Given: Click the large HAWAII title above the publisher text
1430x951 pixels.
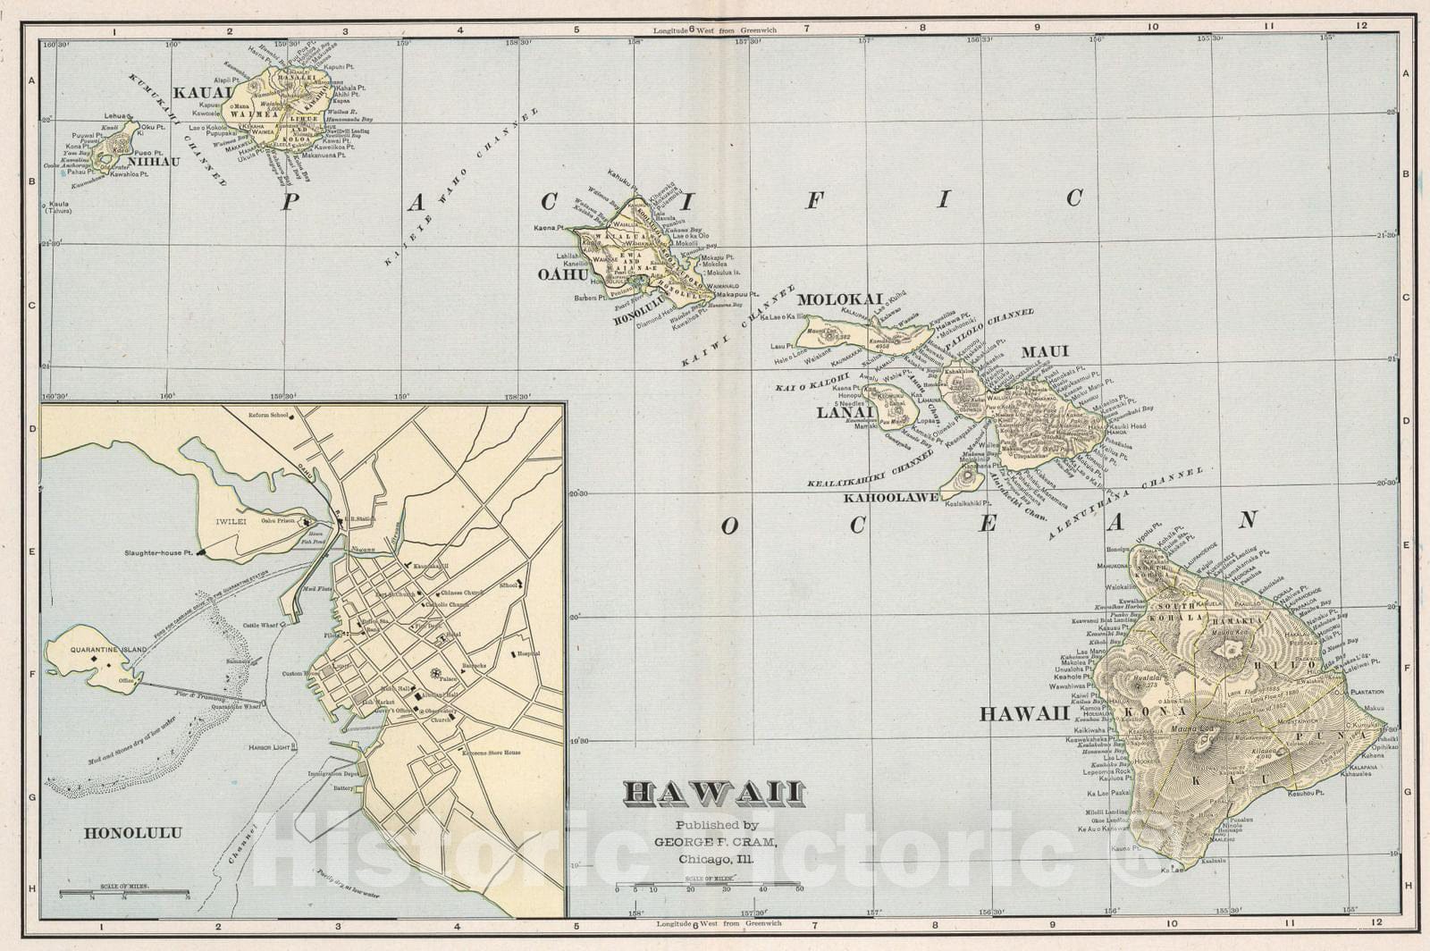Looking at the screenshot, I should coord(714,794).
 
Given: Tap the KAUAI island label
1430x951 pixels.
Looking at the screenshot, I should coord(203,92).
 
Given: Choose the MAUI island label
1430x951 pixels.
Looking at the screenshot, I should coord(1045,351).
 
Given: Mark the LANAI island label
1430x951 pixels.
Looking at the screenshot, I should coord(844,413).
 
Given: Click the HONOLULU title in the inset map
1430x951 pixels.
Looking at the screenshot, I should coord(133,833).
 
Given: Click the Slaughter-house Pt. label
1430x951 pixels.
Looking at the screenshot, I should coord(159,553).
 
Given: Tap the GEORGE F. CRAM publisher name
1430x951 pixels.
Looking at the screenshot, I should coord(716,842).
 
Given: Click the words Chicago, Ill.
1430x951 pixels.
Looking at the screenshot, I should coord(716,859).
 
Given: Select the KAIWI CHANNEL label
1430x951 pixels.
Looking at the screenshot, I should coord(737,327).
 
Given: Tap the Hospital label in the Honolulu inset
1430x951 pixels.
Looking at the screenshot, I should coord(528,653).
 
